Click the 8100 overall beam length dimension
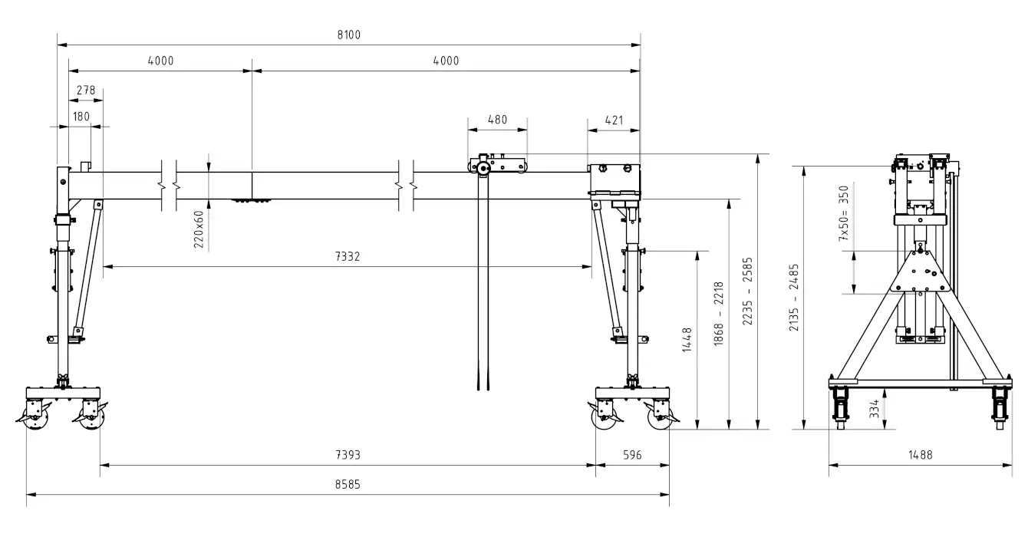click(x=349, y=35)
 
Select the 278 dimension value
click(x=86, y=90)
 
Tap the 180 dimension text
click(x=81, y=117)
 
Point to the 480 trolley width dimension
click(x=497, y=120)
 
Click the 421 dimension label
click(x=614, y=120)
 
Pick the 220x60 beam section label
click(x=199, y=229)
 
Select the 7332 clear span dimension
click(x=348, y=256)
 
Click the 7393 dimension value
click(x=348, y=455)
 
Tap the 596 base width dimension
click(x=632, y=455)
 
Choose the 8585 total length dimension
click(x=348, y=484)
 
